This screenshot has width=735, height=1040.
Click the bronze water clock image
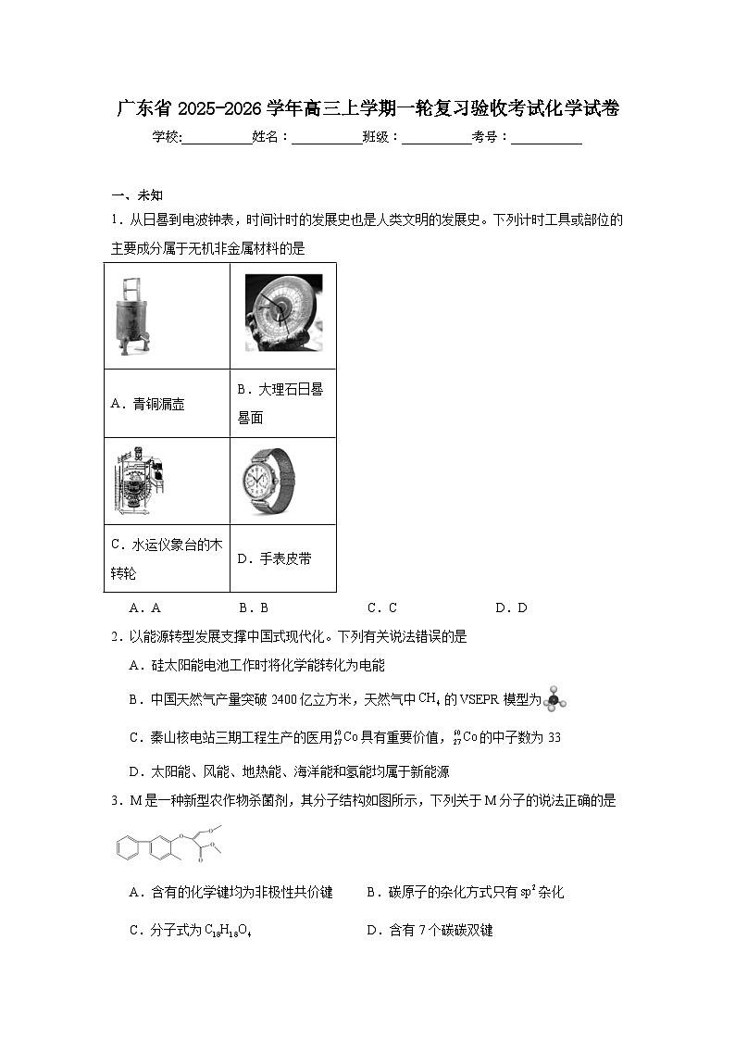point(131,316)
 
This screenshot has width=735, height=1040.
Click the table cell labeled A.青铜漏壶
point(167,404)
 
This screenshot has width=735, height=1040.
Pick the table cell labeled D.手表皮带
point(282,558)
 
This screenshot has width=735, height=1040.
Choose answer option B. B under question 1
point(253,608)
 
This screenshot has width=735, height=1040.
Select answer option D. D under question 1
point(511,608)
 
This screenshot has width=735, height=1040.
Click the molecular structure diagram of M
point(172,844)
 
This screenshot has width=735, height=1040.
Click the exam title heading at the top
point(367,108)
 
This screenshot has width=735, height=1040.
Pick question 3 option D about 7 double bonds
point(430,930)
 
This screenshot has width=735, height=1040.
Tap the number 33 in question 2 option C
point(554,738)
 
